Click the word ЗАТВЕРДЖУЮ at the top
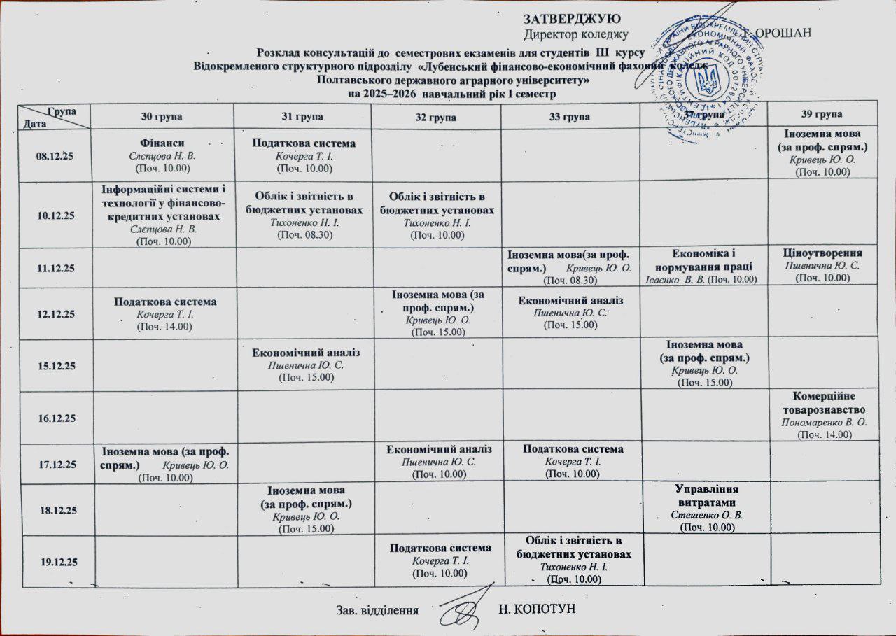[x=573, y=18]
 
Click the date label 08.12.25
[x=56, y=155]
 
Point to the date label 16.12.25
[x=56, y=418]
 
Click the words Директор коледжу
[x=575, y=34]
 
